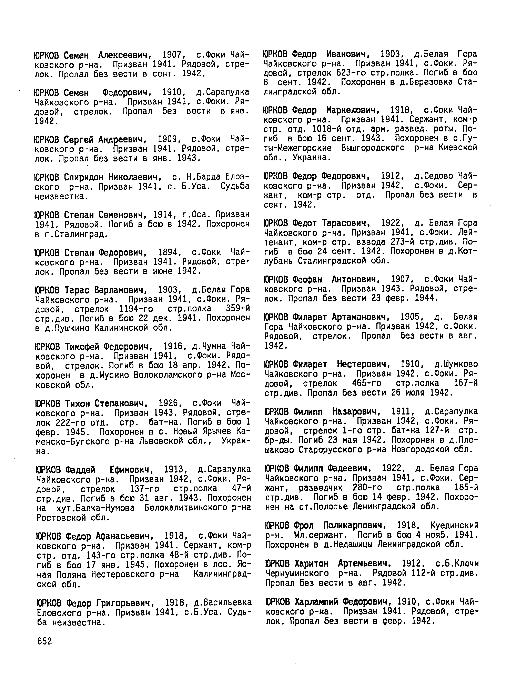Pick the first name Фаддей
(x=80, y=469)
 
